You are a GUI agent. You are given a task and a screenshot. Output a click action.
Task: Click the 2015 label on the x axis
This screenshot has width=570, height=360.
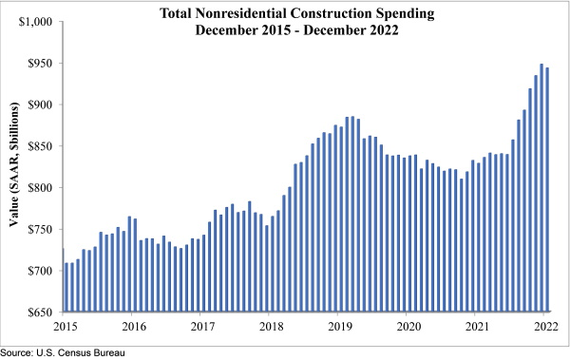pyautogui.click(x=65, y=326)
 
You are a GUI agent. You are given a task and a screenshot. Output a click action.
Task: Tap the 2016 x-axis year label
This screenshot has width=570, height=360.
pyautogui.click(x=133, y=326)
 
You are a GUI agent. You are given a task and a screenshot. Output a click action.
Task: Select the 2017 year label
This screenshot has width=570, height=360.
pyautogui.click(x=201, y=326)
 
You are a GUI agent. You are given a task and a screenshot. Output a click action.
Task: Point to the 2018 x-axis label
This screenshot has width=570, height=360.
pyautogui.click(x=271, y=326)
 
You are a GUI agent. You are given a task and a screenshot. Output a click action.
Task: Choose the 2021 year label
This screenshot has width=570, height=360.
pyautogui.click(x=477, y=326)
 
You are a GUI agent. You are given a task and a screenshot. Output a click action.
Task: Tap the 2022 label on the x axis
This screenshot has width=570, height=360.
pyautogui.click(x=545, y=326)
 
